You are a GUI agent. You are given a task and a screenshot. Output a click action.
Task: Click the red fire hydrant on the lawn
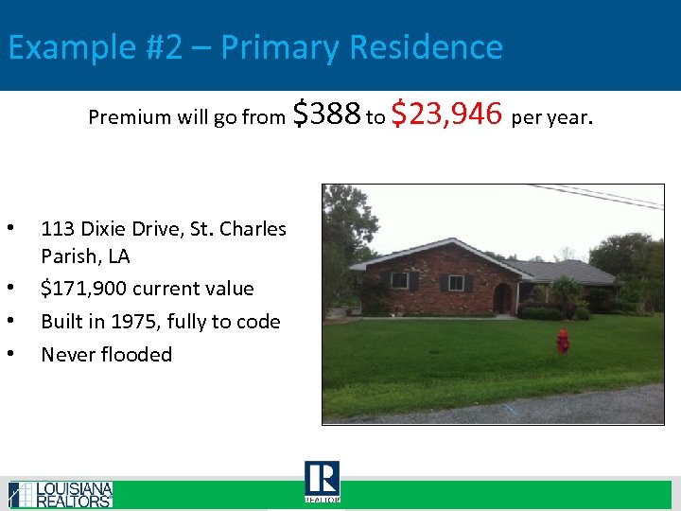(x=563, y=341)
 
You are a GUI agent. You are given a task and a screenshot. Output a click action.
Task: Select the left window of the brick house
(x=400, y=281)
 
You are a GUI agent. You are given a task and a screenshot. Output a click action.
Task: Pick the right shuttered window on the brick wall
(x=456, y=283)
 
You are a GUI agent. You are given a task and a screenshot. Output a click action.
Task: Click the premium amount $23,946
(x=445, y=115)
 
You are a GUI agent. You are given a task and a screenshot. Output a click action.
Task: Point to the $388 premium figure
(x=327, y=115)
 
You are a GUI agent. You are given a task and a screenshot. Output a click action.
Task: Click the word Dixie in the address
(x=109, y=229)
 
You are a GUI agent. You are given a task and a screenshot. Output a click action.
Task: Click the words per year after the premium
(x=551, y=118)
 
